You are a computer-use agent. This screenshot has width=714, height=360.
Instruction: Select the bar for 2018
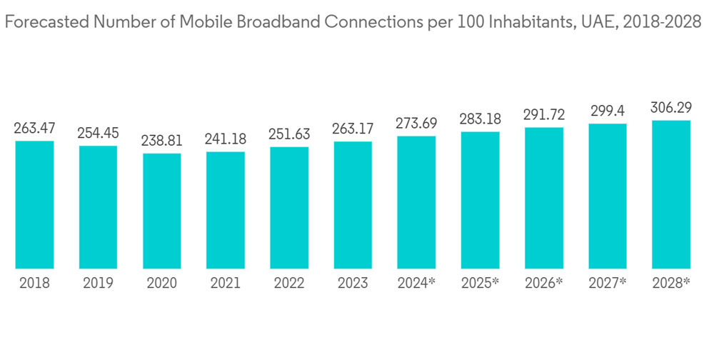click(x=34, y=204)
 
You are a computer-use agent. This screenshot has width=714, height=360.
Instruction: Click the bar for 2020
click(x=162, y=211)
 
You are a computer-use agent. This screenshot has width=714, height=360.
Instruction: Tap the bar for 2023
click(x=353, y=204)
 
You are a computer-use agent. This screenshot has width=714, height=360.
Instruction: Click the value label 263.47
click(x=34, y=129)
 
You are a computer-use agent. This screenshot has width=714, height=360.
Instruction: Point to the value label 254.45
click(x=99, y=134)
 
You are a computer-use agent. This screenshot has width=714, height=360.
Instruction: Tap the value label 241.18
click(x=226, y=140)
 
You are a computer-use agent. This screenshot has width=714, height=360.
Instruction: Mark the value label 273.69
click(x=416, y=124)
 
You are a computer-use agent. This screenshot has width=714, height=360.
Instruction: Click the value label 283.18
click(x=481, y=119)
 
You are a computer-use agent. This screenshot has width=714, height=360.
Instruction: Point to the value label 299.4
click(x=608, y=111)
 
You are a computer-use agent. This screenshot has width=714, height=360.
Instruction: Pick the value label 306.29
click(x=671, y=108)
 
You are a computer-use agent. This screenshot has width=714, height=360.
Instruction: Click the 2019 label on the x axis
click(x=99, y=284)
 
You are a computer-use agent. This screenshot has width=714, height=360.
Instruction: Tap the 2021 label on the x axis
click(x=226, y=284)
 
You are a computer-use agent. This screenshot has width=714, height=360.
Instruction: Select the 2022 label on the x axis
click(x=289, y=284)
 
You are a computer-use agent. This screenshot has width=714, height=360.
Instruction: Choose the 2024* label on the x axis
click(x=416, y=284)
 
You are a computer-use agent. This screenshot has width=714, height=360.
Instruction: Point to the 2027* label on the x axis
click(x=608, y=284)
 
